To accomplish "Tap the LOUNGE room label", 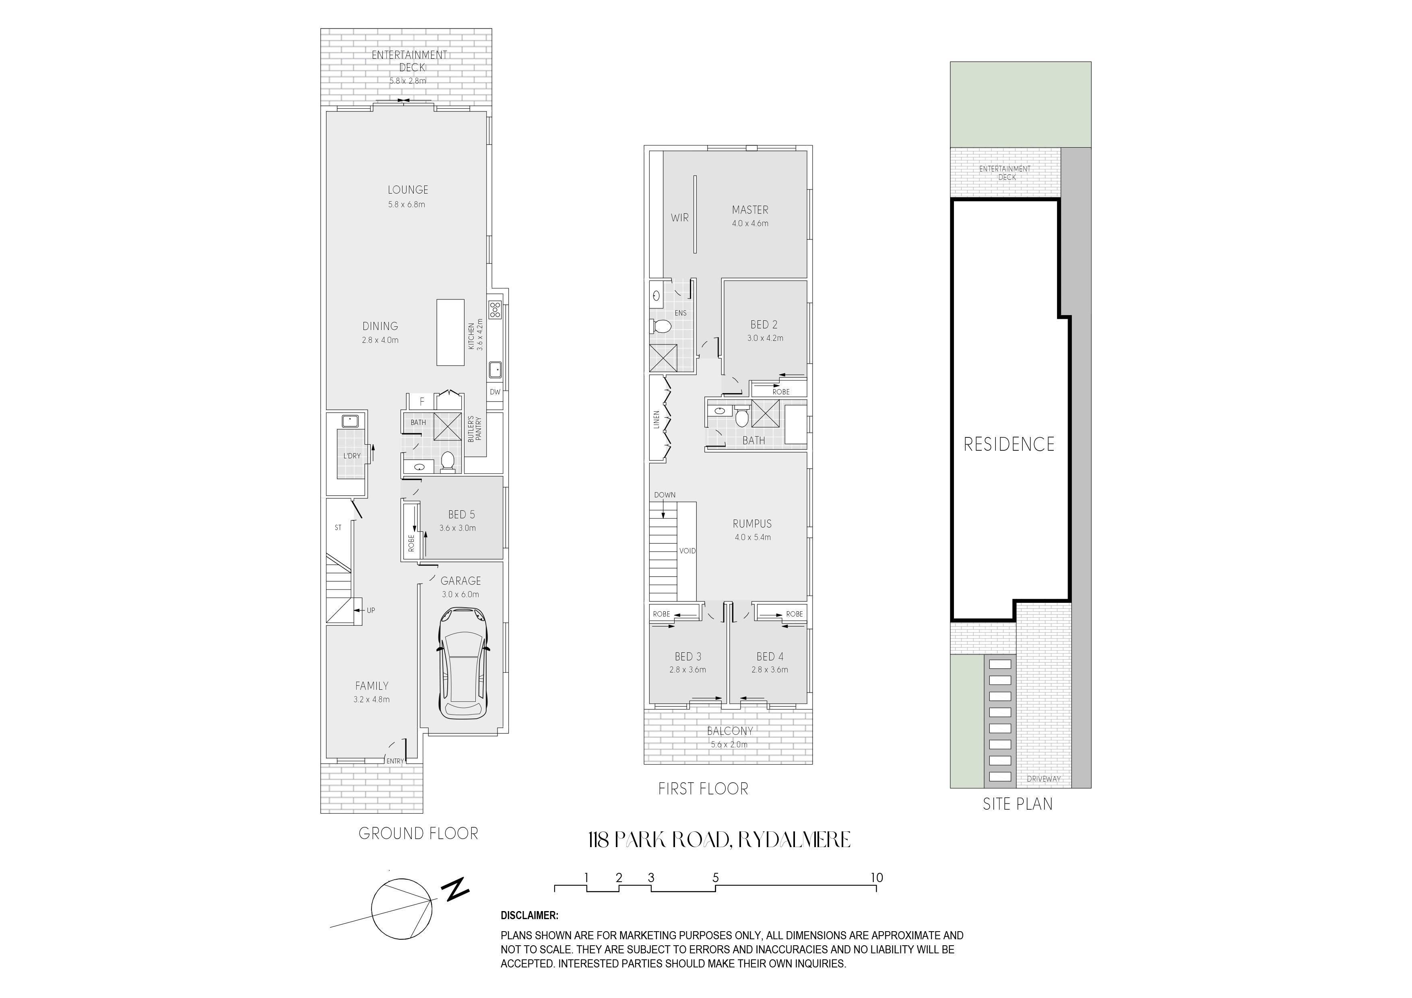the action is pyautogui.click(x=408, y=190).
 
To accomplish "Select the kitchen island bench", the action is pyautogui.click(x=450, y=332).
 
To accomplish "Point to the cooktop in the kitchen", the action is pyautogui.click(x=495, y=309).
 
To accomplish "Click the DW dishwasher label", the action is pyautogui.click(x=495, y=392).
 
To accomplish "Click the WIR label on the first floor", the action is pyautogui.click(x=679, y=218).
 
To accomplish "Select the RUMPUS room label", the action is pyautogui.click(x=752, y=524).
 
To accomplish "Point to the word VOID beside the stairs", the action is pyautogui.click(x=687, y=551).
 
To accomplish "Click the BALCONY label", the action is pyautogui.click(x=730, y=731).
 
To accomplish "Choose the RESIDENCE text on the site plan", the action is pyautogui.click(x=1009, y=444).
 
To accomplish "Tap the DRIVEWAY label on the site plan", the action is pyautogui.click(x=1044, y=779).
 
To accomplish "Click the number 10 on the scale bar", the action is pyautogui.click(x=877, y=878).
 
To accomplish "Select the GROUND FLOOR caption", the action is pyautogui.click(x=418, y=834).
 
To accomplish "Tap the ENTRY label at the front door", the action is pyautogui.click(x=395, y=761).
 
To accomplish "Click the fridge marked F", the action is pyautogui.click(x=421, y=402).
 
